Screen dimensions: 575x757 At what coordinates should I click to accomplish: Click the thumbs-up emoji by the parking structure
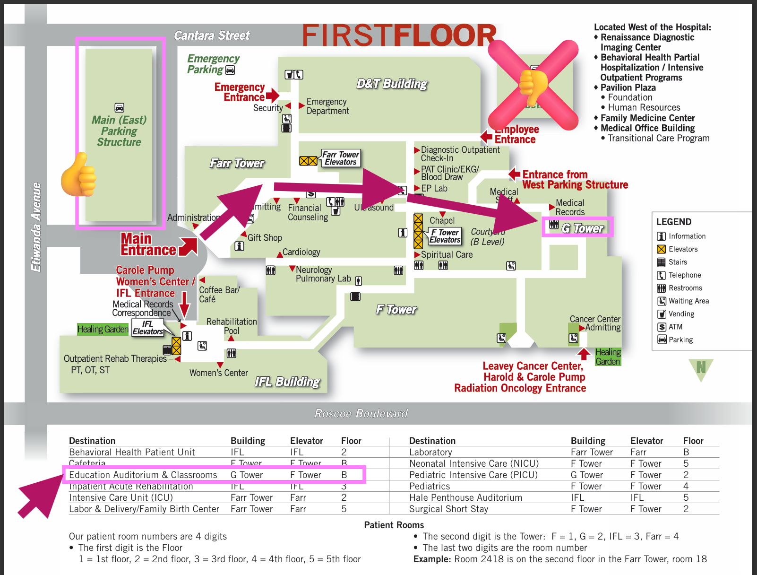click(x=79, y=175)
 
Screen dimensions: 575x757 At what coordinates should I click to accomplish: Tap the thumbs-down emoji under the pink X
click(x=533, y=86)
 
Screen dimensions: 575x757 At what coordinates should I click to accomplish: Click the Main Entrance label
click(x=148, y=244)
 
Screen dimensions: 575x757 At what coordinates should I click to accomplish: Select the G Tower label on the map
click(x=582, y=228)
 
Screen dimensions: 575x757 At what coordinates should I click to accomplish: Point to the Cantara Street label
click(x=212, y=36)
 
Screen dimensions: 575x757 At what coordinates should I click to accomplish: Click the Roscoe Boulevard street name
click(x=361, y=414)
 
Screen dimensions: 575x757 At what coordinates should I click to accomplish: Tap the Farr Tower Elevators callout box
click(x=340, y=158)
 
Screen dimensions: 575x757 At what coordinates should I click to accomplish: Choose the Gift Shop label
click(x=265, y=238)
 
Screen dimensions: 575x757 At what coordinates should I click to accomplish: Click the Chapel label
click(x=442, y=221)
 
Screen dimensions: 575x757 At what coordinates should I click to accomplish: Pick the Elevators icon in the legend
click(x=662, y=249)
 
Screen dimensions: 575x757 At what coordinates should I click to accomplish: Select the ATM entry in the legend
click(x=675, y=327)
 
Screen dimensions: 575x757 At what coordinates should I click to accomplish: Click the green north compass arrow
click(x=701, y=369)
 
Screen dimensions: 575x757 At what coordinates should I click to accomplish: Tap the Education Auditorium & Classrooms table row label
click(x=143, y=475)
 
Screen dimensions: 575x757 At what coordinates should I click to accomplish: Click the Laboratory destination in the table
click(x=430, y=452)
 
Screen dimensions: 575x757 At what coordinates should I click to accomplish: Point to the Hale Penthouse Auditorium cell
click(x=465, y=497)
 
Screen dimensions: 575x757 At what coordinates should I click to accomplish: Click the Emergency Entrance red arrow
click(x=273, y=96)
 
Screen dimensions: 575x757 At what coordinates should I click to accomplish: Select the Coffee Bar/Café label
click(x=219, y=295)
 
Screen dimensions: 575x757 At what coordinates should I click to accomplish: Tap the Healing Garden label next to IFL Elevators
click(x=103, y=329)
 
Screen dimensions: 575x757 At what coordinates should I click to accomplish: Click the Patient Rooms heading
click(x=394, y=525)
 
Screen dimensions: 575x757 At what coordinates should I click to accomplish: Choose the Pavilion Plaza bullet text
click(x=628, y=87)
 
